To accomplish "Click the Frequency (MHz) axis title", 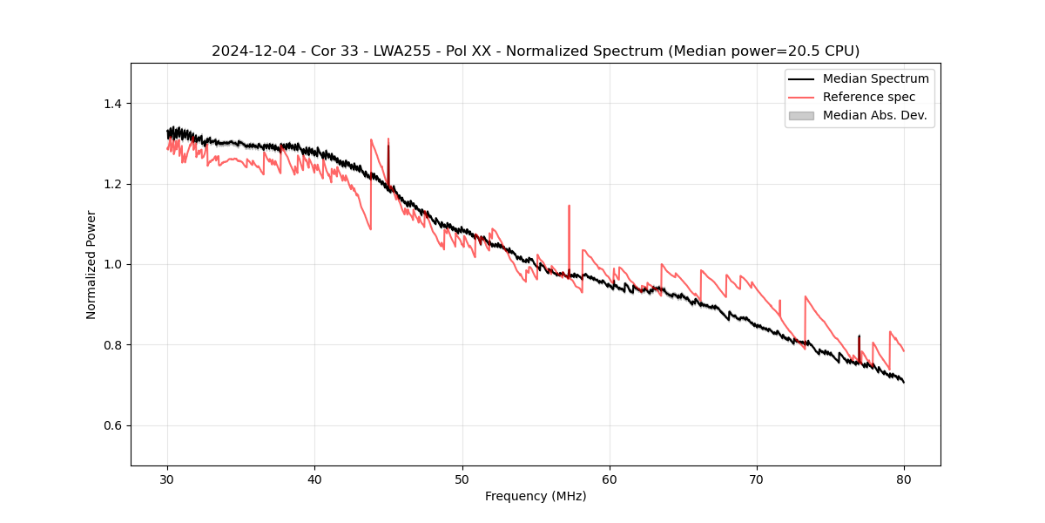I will tap(536, 496).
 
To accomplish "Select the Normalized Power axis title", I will tap(91, 264).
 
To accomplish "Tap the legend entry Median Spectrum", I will tap(875, 78).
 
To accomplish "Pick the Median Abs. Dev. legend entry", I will tap(875, 115).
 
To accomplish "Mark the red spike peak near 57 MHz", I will tap(569, 206).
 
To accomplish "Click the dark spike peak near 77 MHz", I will tap(859, 336).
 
